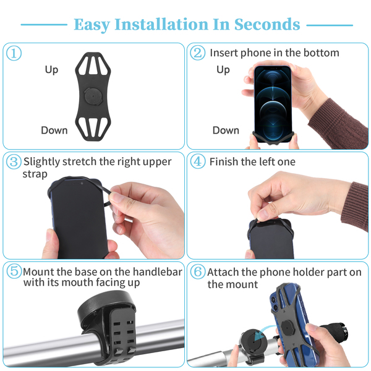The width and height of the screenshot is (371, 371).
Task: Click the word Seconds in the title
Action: pyautogui.click(x=267, y=24)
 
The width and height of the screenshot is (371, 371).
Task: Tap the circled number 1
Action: pyautogui.click(x=14, y=53)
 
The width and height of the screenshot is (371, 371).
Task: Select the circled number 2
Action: pyautogui.click(x=198, y=53)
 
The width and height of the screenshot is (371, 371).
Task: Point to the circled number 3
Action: pyautogui.click(x=14, y=161)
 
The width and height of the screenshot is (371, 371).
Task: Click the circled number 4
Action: pyautogui.click(x=198, y=161)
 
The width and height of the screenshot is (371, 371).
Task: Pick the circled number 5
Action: pyautogui.click(x=14, y=271)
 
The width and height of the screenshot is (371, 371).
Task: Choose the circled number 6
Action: pyautogui.click(x=198, y=271)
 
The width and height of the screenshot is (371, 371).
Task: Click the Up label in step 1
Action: pyautogui.click(x=51, y=70)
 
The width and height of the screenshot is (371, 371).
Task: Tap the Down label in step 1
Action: pyautogui.click(x=54, y=130)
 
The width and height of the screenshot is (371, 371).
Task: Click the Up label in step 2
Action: pyautogui.click(x=223, y=70)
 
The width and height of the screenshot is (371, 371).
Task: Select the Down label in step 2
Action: pyautogui.click(x=226, y=130)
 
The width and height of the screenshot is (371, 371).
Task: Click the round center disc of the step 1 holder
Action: pyautogui.click(x=93, y=96)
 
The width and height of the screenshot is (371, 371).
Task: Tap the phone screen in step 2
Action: pyautogui.click(x=273, y=104)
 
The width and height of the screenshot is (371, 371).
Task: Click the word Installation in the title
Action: pyautogui.click(x=161, y=24)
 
